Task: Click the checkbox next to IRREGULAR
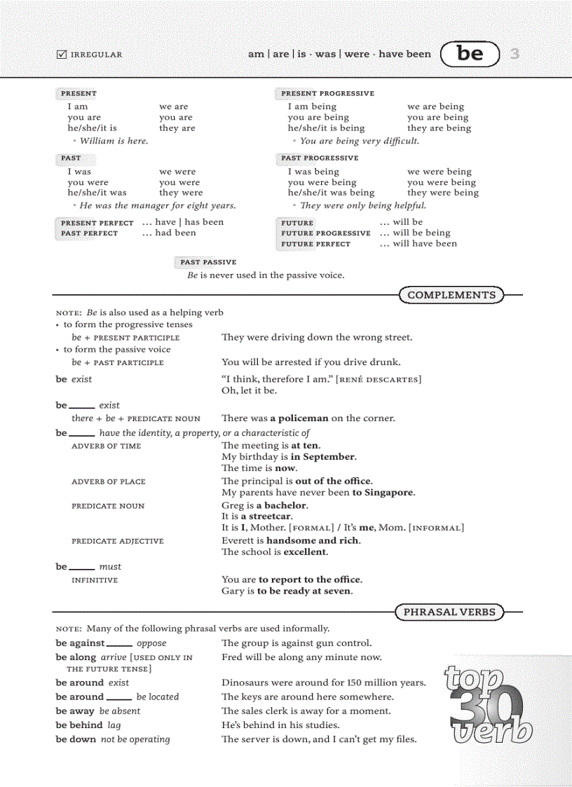(61, 54)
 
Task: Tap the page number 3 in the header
(515, 53)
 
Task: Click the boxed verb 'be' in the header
(470, 53)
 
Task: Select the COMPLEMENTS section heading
(451, 295)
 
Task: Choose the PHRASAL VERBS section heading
(449, 612)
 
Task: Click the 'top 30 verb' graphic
(488, 704)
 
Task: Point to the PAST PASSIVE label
(208, 262)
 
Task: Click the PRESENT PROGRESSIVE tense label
(327, 93)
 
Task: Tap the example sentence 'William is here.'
(114, 141)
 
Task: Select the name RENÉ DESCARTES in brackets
(379, 380)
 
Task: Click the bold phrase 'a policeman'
(299, 418)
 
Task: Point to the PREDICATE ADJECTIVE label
(117, 541)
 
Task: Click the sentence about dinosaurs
(323, 683)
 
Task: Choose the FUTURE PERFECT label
(315, 244)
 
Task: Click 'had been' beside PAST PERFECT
(175, 233)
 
